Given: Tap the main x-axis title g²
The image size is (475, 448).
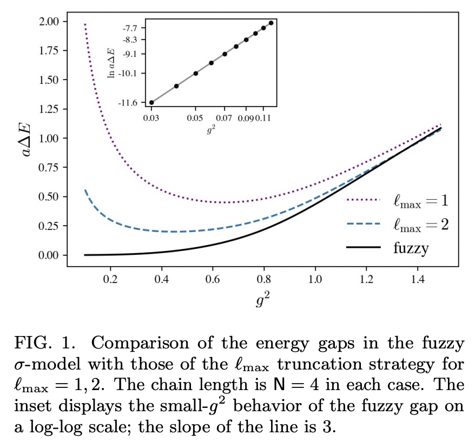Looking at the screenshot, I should pyautogui.click(x=262, y=300).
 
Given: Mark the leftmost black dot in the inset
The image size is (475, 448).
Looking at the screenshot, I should pyautogui.click(x=151, y=102).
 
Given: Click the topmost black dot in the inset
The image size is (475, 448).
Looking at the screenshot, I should pyautogui.click(x=271, y=23).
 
